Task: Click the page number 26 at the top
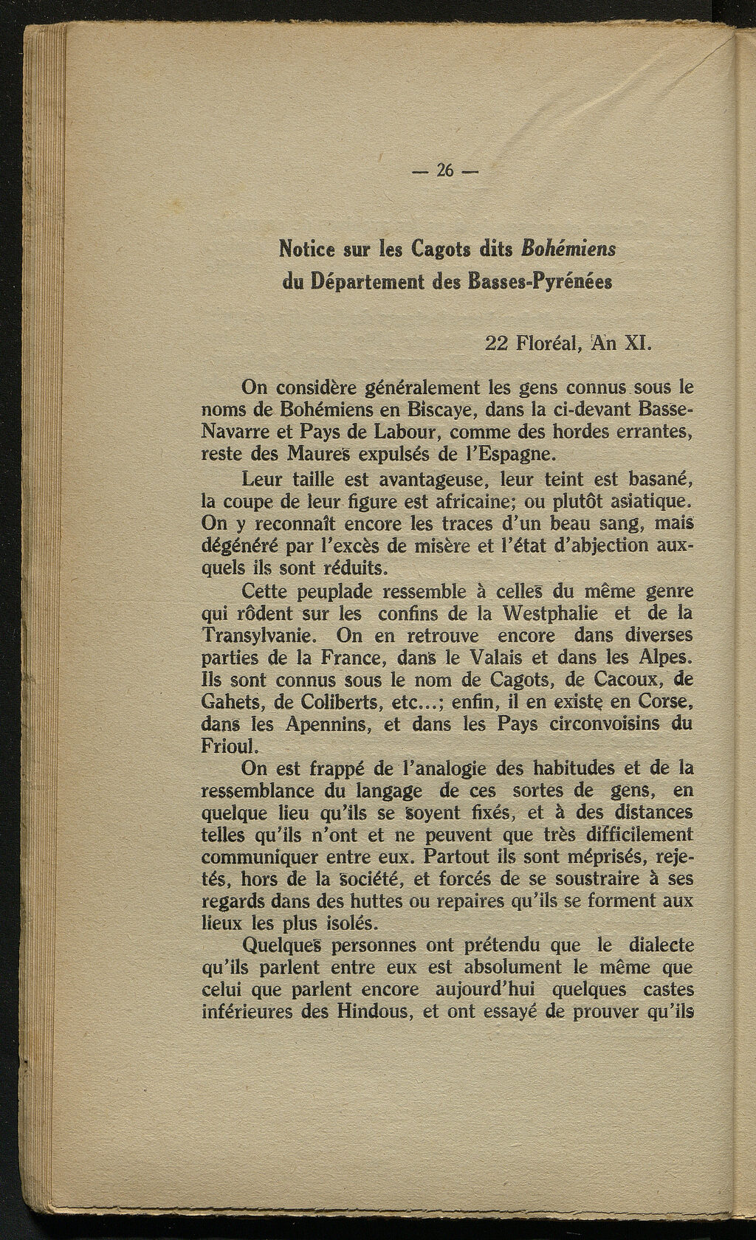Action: pyautogui.click(x=444, y=170)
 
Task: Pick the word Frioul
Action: pyautogui.click(x=227, y=745)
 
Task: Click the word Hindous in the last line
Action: pyautogui.click(x=373, y=1011)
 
